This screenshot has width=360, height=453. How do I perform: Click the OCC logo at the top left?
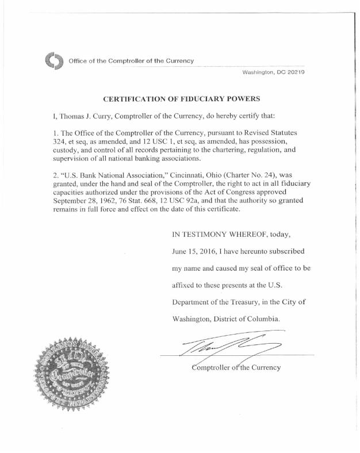click(53, 60)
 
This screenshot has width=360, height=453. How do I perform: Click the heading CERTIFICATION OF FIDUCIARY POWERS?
click(177, 99)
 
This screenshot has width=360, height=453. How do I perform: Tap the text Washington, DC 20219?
click(273, 72)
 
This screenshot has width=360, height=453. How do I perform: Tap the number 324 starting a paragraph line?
click(60, 141)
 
